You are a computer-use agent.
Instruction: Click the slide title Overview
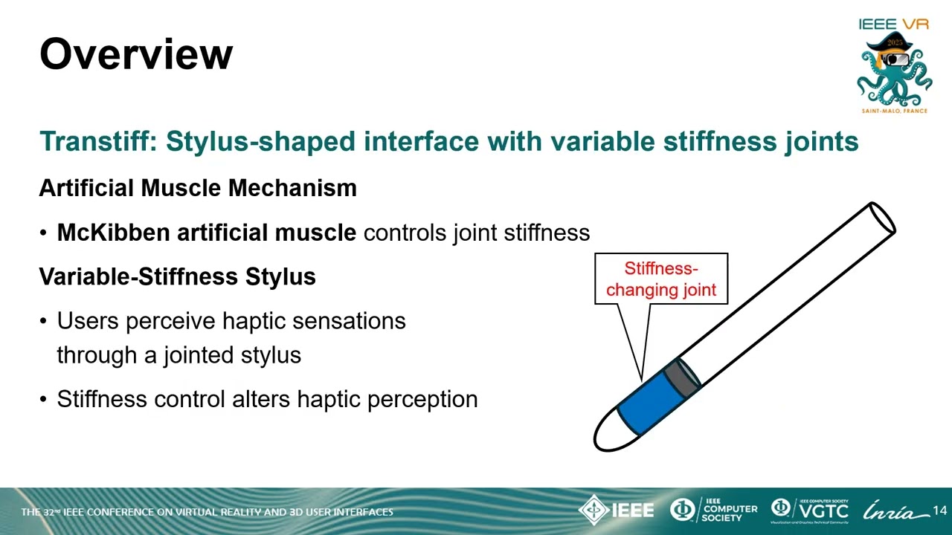pos(136,54)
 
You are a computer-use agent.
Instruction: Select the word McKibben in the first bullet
pos(114,233)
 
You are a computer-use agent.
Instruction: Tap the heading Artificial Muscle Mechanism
pos(198,188)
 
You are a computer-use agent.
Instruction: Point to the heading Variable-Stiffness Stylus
pos(178,276)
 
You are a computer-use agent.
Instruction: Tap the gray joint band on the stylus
pos(682,376)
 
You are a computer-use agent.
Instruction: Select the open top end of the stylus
pos(883,218)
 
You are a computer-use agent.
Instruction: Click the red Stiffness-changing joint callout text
pos(661,279)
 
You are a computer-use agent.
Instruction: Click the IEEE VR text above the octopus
pos(894,24)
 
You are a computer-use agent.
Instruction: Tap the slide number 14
pos(939,510)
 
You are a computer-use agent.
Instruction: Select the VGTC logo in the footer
pos(810,510)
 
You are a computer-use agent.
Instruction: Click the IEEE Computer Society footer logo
pos(713,510)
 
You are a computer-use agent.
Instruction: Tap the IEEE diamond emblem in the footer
pos(594,510)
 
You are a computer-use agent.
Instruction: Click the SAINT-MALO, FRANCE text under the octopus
pos(895,111)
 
